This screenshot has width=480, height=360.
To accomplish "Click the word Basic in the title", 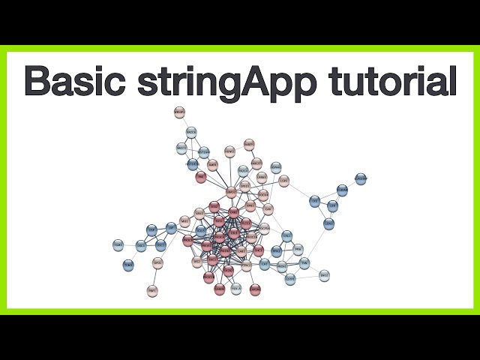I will tap(80, 80).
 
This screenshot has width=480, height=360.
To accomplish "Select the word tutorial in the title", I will tap(391, 80).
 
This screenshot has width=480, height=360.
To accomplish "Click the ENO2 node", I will tap(324, 276).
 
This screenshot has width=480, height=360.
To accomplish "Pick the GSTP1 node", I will tap(290, 279).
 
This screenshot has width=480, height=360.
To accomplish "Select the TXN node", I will tap(304, 262).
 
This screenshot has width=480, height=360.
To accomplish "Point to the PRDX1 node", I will tap(282, 266).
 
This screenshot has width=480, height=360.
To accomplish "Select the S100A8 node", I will tap(342, 190).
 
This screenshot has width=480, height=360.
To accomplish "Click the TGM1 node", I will tap(118, 245).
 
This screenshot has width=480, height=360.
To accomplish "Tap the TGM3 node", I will tap(128, 265).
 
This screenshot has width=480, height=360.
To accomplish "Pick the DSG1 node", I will tap(141, 245).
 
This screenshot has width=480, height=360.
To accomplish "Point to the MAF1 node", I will tap(152, 290).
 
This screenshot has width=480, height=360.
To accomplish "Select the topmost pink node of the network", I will tap(179, 112).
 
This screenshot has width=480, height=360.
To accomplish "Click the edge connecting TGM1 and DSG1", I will tap(130, 245).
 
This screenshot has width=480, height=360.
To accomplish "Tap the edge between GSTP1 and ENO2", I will tap(307, 277).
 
